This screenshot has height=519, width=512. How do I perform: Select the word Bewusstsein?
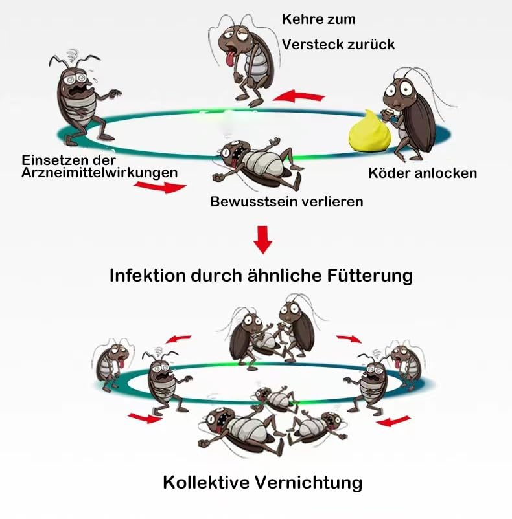[253, 202]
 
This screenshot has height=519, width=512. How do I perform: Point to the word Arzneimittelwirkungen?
[99, 173]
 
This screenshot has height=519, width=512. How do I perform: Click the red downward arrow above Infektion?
[262, 239]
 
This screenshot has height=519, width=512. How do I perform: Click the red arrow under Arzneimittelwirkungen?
[160, 188]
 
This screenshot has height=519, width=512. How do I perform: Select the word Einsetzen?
[49, 160]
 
